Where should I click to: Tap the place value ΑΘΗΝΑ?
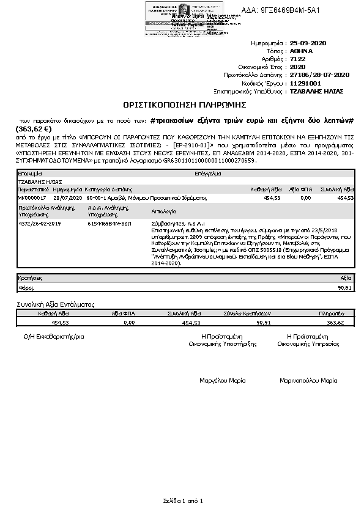click(x=301, y=51)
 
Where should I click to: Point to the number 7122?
click(x=298, y=59)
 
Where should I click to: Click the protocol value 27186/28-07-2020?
click(x=319, y=75)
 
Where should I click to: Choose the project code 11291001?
click(x=305, y=83)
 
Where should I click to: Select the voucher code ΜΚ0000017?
click(x=30, y=198)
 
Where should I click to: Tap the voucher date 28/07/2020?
click(x=67, y=198)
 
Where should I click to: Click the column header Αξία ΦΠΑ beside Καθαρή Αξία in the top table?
click(x=300, y=189)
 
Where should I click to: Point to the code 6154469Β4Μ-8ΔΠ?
click(x=108, y=224)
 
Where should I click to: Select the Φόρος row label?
click(x=26, y=287)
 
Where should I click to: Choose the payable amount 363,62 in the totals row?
click(x=336, y=322)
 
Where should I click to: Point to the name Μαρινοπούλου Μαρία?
click(x=308, y=380)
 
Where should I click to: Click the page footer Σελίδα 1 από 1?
click(x=182, y=501)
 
